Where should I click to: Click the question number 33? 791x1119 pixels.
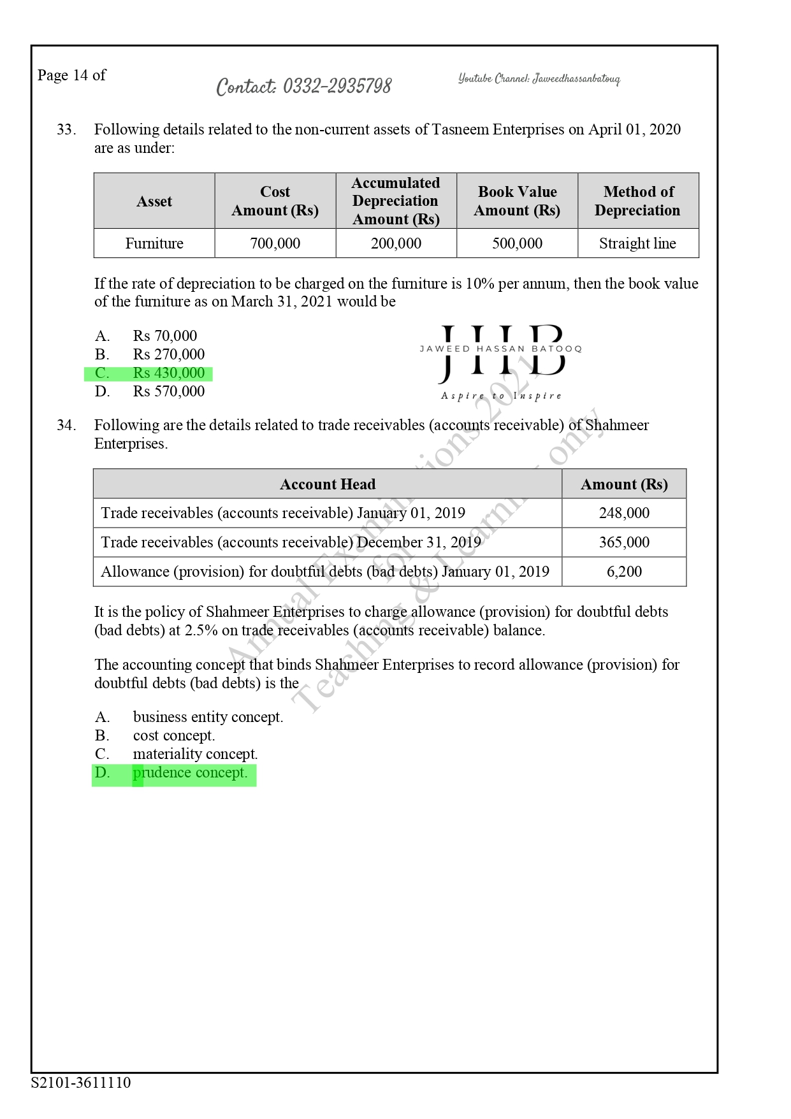66,129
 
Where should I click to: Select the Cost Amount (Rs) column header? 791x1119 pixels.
275,201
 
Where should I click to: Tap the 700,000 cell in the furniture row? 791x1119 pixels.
275,243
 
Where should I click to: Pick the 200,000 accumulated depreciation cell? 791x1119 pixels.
396,243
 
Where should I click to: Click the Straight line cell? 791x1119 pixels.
637,243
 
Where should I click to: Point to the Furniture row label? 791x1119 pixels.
154,243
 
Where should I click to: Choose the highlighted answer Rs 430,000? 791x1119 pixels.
169,373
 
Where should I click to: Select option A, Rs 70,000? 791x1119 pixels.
165,336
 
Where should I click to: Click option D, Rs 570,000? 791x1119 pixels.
169,391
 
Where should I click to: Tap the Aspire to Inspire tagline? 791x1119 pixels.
502,396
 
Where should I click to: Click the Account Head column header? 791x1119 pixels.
328,484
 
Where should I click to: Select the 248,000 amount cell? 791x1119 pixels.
624,513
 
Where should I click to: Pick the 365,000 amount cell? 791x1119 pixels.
624,542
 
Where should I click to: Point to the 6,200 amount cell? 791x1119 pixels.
624,572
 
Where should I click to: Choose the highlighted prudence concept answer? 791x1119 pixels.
190,773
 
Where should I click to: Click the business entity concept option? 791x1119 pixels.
208,717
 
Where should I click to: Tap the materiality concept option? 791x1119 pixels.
195,754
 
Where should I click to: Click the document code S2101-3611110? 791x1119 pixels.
81,1083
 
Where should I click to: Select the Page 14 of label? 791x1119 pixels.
71,75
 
